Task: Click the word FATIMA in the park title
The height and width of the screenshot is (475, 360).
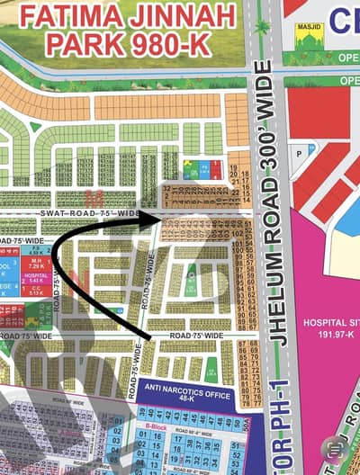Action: (71, 16)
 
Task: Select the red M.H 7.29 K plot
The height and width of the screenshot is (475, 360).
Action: (37, 264)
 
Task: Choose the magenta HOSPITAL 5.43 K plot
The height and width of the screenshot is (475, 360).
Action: (37, 279)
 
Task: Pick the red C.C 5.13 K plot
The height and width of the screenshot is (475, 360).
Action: (37, 291)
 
